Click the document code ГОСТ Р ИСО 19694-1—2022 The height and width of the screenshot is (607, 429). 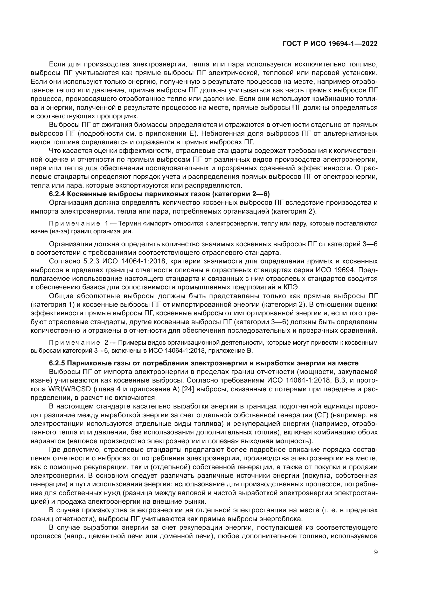pos(330,44)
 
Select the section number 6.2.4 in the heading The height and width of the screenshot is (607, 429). pos(57,194)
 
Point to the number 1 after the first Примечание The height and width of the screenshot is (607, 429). pos(106,223)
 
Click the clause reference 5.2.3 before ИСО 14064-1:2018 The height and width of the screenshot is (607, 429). pos(91,261)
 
